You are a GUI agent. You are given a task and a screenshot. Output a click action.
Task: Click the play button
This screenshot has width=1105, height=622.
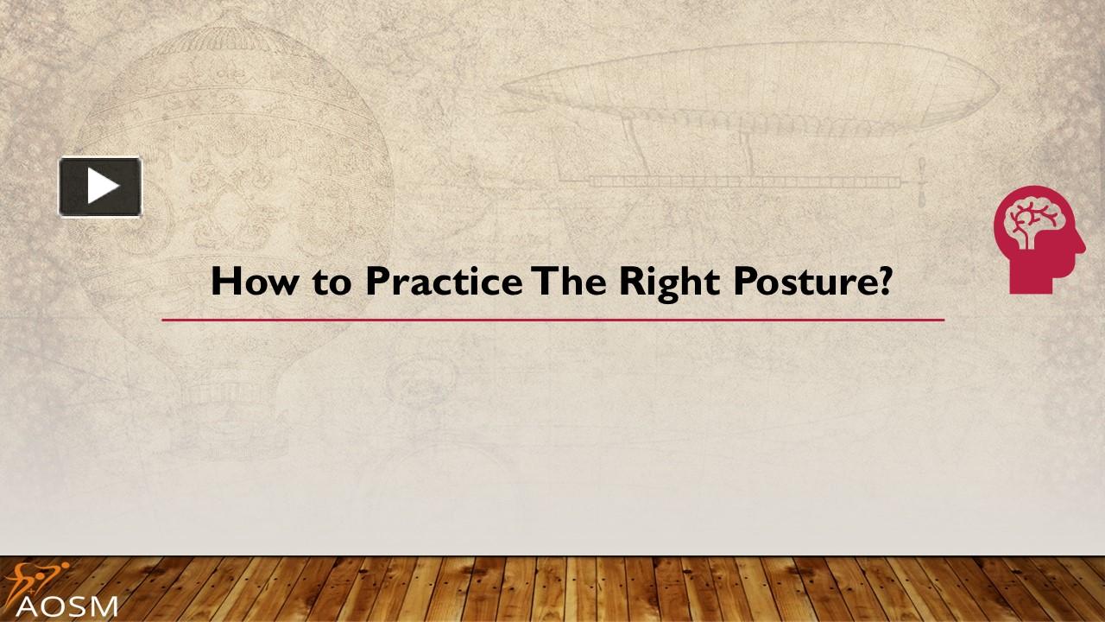[x=100, y=187]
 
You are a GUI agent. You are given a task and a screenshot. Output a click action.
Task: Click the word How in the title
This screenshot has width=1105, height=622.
[x=253, y=282]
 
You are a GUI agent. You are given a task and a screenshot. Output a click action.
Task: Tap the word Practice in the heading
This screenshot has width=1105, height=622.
[x=443, y=282]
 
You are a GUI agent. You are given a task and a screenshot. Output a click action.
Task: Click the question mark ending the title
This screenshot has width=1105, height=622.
[x=882, y=282]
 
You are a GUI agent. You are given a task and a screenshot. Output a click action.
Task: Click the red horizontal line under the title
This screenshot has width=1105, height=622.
[x=552, y=320]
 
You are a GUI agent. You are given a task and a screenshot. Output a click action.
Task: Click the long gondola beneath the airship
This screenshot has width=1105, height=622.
[x=742, y=181]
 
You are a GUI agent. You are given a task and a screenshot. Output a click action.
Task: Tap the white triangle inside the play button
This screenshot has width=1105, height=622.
[x=102, y=187]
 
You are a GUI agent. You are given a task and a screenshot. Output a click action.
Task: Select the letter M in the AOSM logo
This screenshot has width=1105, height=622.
[x=103, y=605]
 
